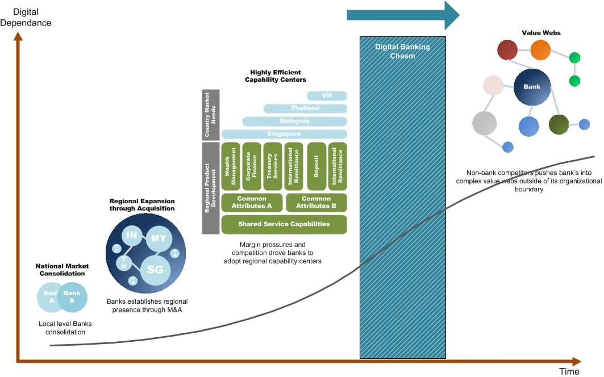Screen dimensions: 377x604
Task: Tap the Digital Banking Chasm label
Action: click(402, 51)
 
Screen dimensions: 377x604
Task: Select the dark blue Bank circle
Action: click(532, 87)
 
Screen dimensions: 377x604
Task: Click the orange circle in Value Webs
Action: click(540, 50)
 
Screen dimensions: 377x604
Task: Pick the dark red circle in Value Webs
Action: click(507, 50)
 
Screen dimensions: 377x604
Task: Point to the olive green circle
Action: click(559, 124)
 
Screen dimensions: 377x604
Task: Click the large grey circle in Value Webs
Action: click(484, 123)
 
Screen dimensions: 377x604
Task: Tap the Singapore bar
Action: click(284, 134)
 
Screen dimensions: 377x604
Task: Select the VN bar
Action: click(327, 95)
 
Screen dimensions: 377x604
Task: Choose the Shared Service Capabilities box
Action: click(284, 224)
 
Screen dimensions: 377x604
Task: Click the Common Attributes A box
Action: click(252, 202)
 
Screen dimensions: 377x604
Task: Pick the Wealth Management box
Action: click(231, 165)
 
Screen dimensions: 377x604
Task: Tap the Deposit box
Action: click(316, 165)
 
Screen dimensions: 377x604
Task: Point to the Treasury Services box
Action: click(273, 165)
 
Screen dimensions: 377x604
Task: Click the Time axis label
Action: click(569, 371)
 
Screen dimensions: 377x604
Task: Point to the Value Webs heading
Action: click(541, 33)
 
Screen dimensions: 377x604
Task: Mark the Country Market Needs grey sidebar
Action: click(210, 114)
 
